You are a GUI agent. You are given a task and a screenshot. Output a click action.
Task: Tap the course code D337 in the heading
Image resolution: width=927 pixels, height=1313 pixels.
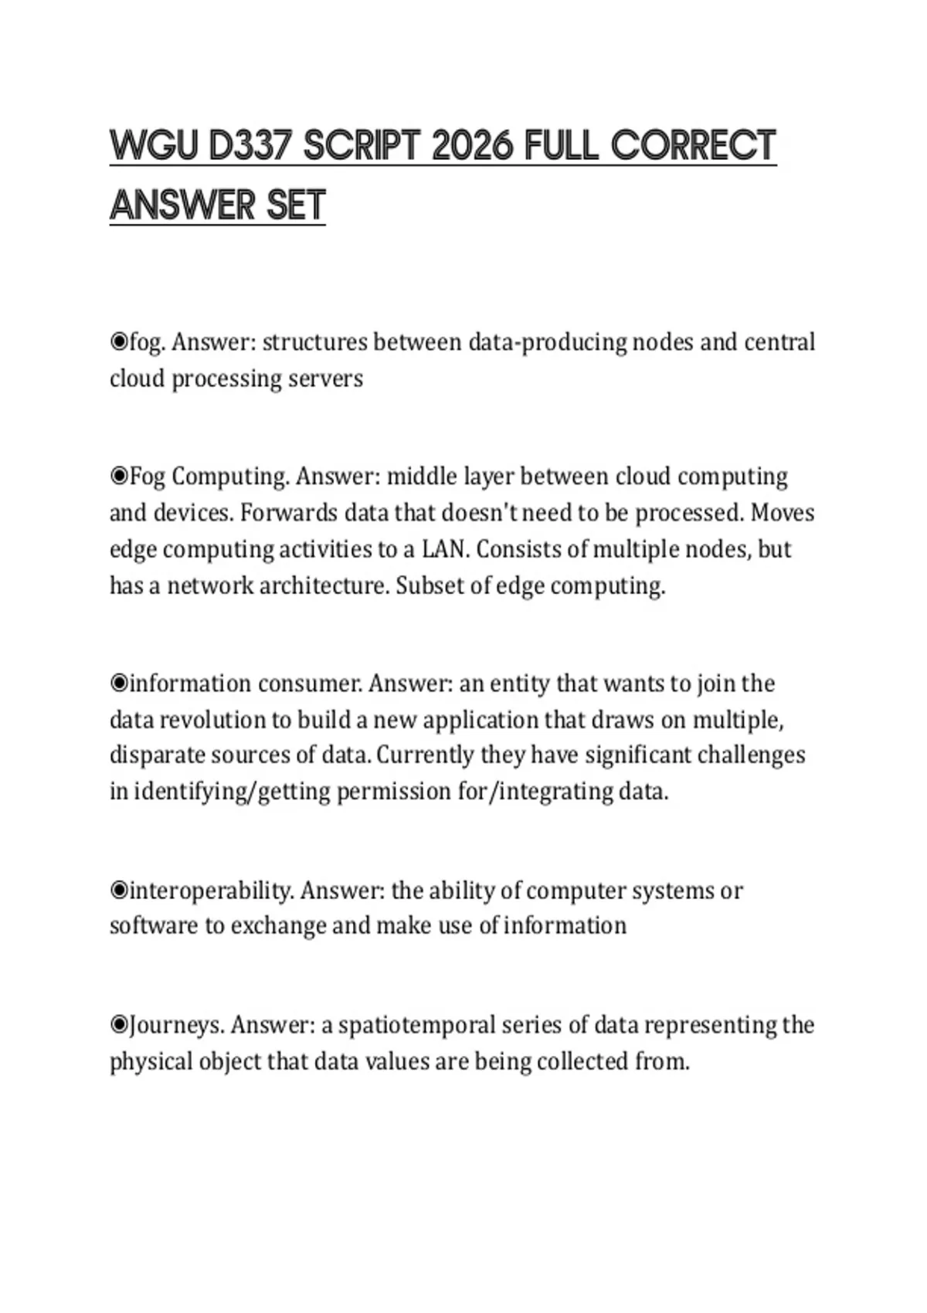coord(250,146)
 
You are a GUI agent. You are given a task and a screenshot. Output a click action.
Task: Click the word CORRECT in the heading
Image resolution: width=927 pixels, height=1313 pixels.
coord(693,146)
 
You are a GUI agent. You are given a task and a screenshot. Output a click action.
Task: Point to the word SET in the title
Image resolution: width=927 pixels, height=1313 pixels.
coord(296,205)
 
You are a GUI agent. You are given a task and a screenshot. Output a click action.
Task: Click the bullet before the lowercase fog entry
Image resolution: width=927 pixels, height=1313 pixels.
coord(119,341)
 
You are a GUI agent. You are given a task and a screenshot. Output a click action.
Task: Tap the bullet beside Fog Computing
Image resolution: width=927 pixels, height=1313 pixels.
coord(119,476)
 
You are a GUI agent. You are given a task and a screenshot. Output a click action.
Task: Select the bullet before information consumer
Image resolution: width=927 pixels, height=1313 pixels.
coord(119,684)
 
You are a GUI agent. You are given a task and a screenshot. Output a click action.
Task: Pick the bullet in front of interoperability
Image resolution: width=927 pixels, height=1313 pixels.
coord(119,891)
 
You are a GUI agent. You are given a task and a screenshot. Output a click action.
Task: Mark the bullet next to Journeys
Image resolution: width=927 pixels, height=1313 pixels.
coord(119,1025)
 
